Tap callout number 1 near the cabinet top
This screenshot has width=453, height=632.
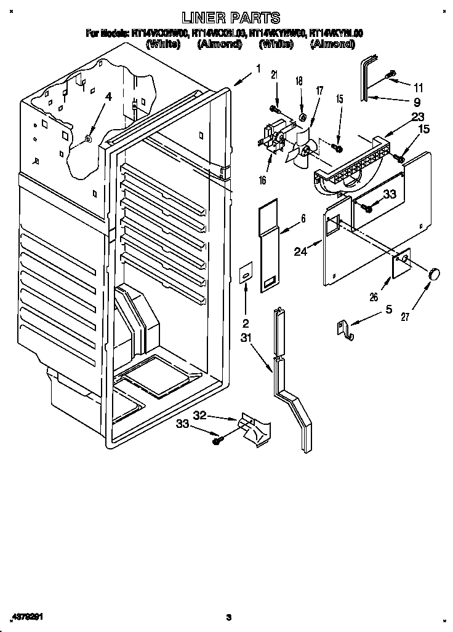[x=258, y=69]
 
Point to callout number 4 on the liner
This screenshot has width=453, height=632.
[x=108, y=97]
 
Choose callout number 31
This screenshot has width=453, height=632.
[x=246, y=338]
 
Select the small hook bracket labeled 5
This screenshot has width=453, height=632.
[x=347, y=330]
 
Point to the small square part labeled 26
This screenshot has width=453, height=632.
[x=402, y=263]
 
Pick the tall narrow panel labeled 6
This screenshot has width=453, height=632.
[x=268, y=246]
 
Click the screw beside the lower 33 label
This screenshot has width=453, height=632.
[x=217, y=440]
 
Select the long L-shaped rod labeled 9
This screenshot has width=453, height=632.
[x=366, y=77]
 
